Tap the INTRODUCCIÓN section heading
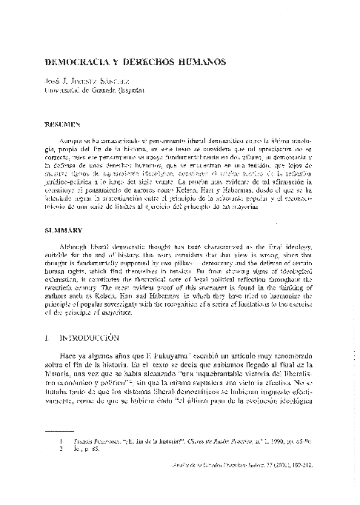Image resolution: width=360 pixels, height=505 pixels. [x=90, y=338]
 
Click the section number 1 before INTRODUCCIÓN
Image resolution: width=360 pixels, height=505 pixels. [x=47, y=338]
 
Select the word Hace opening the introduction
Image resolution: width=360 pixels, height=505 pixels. [x=71, y=358]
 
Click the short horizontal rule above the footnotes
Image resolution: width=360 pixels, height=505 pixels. [x=71, y=451]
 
